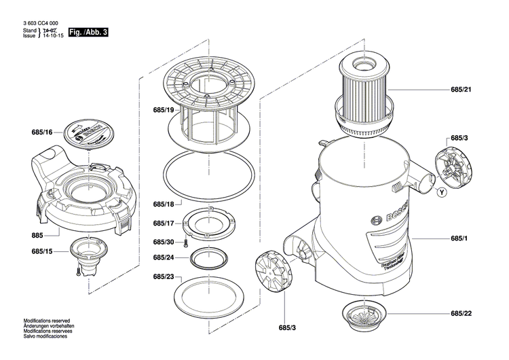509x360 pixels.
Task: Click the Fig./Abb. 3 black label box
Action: coord(88,32)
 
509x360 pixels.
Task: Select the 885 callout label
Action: coord(37,235)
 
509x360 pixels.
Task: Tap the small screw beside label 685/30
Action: coord(186,242)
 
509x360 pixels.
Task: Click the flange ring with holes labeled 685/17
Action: coord(210,223)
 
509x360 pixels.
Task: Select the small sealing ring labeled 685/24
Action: coord(210,258)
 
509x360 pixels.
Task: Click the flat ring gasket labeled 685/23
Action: coord(210,293)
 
